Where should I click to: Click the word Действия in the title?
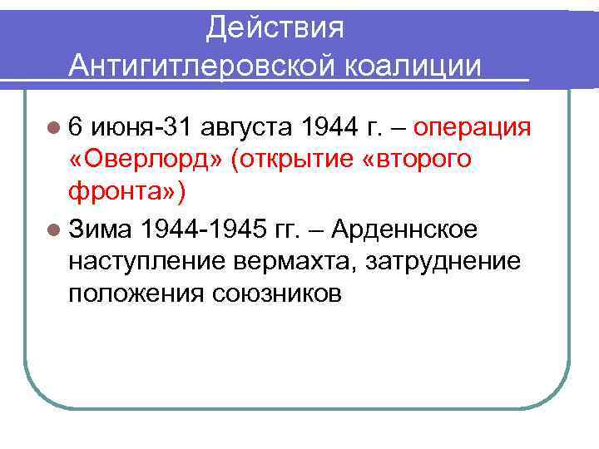click(275, 27)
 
